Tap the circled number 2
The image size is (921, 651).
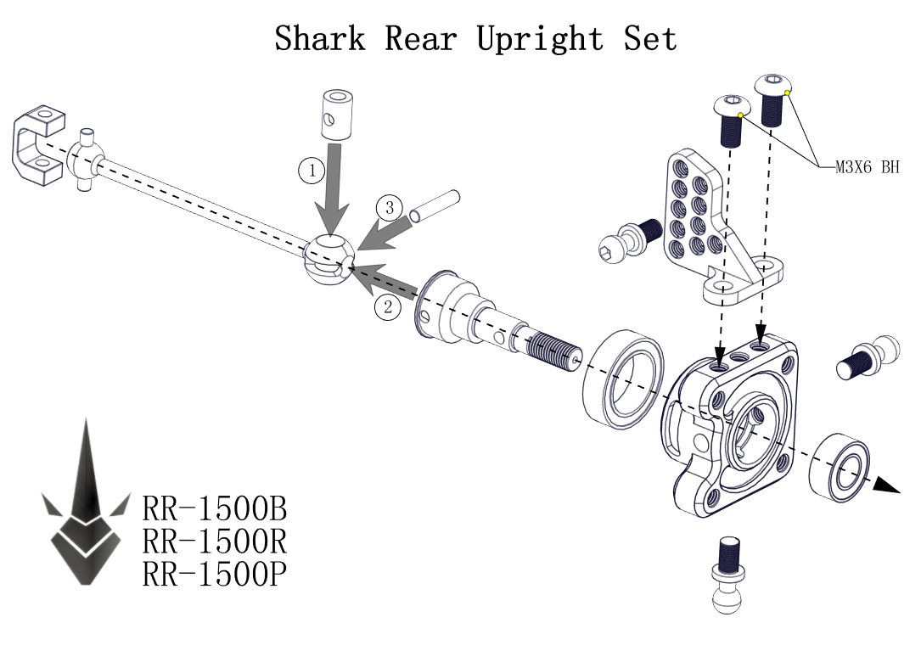[387, 308]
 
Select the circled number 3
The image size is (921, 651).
[389, 207]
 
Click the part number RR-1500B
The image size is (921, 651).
[215, 509]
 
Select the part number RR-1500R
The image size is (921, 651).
[215, 542]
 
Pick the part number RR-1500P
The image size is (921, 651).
[214, 575]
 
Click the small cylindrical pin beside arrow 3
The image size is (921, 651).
[434, 206]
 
